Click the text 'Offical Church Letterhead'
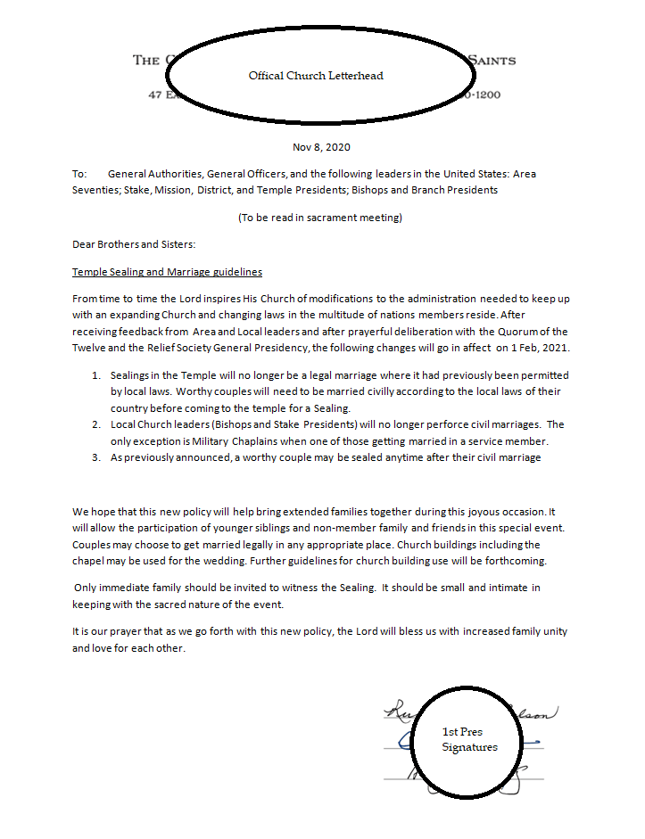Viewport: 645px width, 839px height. [316, 76]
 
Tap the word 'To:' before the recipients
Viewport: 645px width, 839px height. [79, 174]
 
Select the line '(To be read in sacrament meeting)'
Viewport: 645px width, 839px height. [319, 218]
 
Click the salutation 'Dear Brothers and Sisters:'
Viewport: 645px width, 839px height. [134, 244]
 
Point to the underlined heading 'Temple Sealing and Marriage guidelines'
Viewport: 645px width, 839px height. [167, 272]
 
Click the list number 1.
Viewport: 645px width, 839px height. [95, 375]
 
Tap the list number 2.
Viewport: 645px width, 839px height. [95, 424]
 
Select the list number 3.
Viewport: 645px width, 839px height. [95, 457]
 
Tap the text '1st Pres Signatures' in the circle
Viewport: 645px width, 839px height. [469, 739]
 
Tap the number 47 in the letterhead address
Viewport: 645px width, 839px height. [154, 95]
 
